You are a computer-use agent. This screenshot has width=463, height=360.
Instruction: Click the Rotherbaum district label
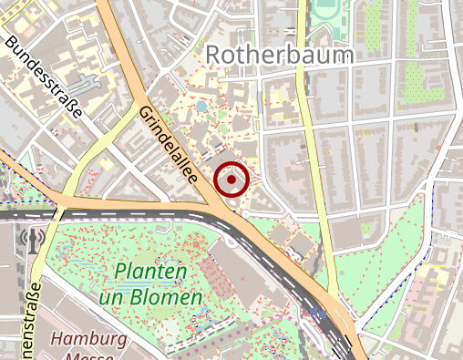point(278,56)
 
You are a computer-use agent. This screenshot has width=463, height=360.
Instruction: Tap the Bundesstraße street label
point(44,78)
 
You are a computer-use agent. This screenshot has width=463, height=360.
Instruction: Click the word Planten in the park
point(151,273)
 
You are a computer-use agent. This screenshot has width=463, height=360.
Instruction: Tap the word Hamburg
point(88,339)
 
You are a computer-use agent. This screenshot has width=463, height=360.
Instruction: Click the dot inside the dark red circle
point(231,180)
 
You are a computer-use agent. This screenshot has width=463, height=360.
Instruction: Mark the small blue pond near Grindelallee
point(201,107)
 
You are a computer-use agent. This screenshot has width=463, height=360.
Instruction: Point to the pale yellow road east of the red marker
point(314,146)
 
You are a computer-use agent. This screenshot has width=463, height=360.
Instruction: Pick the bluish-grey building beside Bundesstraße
point(87,86)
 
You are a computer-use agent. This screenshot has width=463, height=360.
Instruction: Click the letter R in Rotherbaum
point(214,56)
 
